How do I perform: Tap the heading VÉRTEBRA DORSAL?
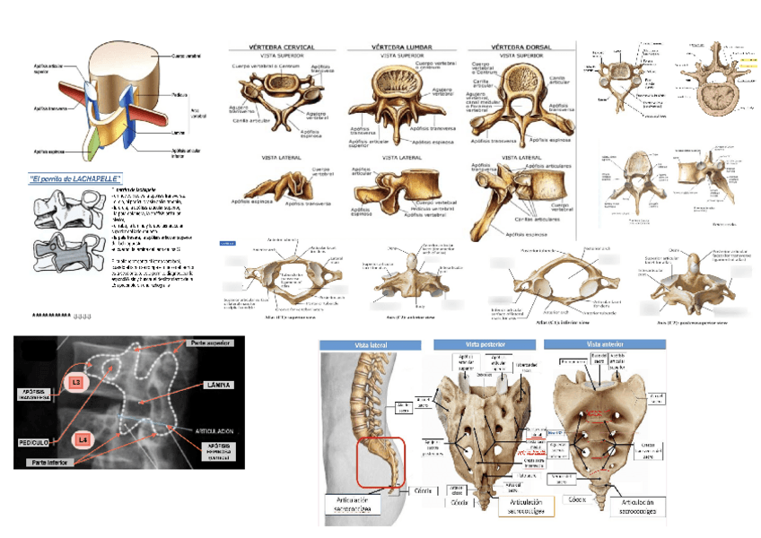point(521,46)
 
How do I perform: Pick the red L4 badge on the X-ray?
point(82,440)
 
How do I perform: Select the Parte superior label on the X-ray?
point(212,343)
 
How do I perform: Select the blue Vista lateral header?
point(371,345)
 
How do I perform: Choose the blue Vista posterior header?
point(485,345)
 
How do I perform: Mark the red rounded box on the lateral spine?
point(380,461)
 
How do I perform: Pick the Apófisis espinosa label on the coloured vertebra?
point(50,152)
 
